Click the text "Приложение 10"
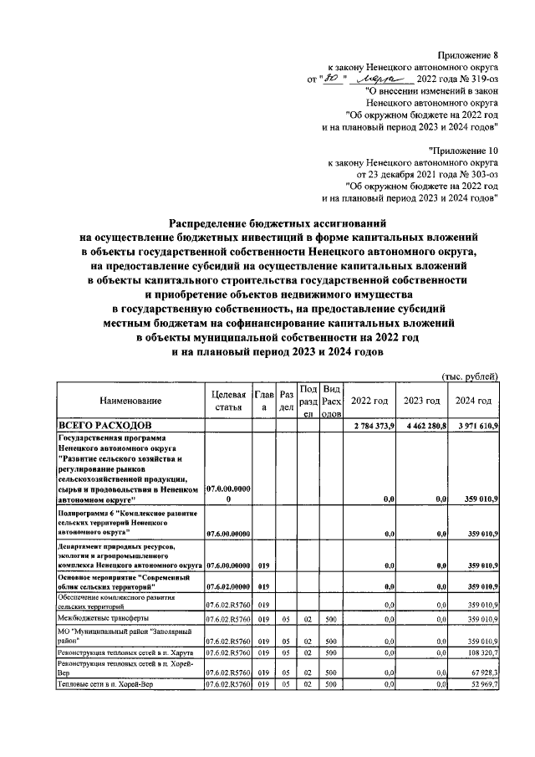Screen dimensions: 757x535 (465, 149)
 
